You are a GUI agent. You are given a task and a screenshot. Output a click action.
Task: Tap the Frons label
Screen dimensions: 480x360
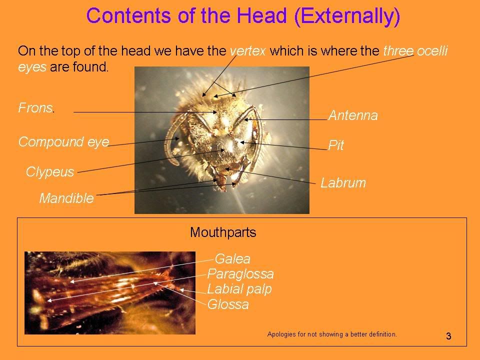(x=36, y=108)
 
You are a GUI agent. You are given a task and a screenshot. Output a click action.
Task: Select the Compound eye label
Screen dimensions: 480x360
(x=63, y=142)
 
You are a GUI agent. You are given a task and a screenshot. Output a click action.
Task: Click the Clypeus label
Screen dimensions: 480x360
(x=50, y=171)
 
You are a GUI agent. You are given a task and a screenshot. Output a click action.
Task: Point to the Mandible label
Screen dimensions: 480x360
(x=66, y=198)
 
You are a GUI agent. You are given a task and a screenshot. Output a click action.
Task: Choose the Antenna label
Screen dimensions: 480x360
(x=353, y=115)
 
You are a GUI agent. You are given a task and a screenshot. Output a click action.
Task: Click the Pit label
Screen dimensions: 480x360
(x=336, y=145)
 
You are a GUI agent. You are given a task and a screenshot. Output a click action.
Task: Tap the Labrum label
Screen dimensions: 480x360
(x=343, y=183)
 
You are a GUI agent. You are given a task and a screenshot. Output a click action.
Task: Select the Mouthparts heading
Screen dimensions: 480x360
(x=223, y=232)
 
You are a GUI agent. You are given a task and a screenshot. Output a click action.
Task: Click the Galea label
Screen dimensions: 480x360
(x=232, y=259)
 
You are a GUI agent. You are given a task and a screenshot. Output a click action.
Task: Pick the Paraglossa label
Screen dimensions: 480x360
(x=240, y=273)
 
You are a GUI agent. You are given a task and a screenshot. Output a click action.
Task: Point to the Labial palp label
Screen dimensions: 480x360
(x=239, y=289)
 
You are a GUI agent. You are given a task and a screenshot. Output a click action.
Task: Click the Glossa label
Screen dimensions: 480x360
(x=228, y=304)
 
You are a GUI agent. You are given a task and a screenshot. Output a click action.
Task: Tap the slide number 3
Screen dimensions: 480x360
(x=448, y=336)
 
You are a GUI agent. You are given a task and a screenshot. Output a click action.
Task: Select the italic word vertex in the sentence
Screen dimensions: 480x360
(x=247, y=51)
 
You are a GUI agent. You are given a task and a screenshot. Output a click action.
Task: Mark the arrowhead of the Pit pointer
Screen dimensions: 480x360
(x=241, y=142)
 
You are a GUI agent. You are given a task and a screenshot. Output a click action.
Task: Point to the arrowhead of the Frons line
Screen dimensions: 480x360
(x=215, y=112)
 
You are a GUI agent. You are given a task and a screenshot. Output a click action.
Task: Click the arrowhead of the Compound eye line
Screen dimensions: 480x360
(x=177, y=138)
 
